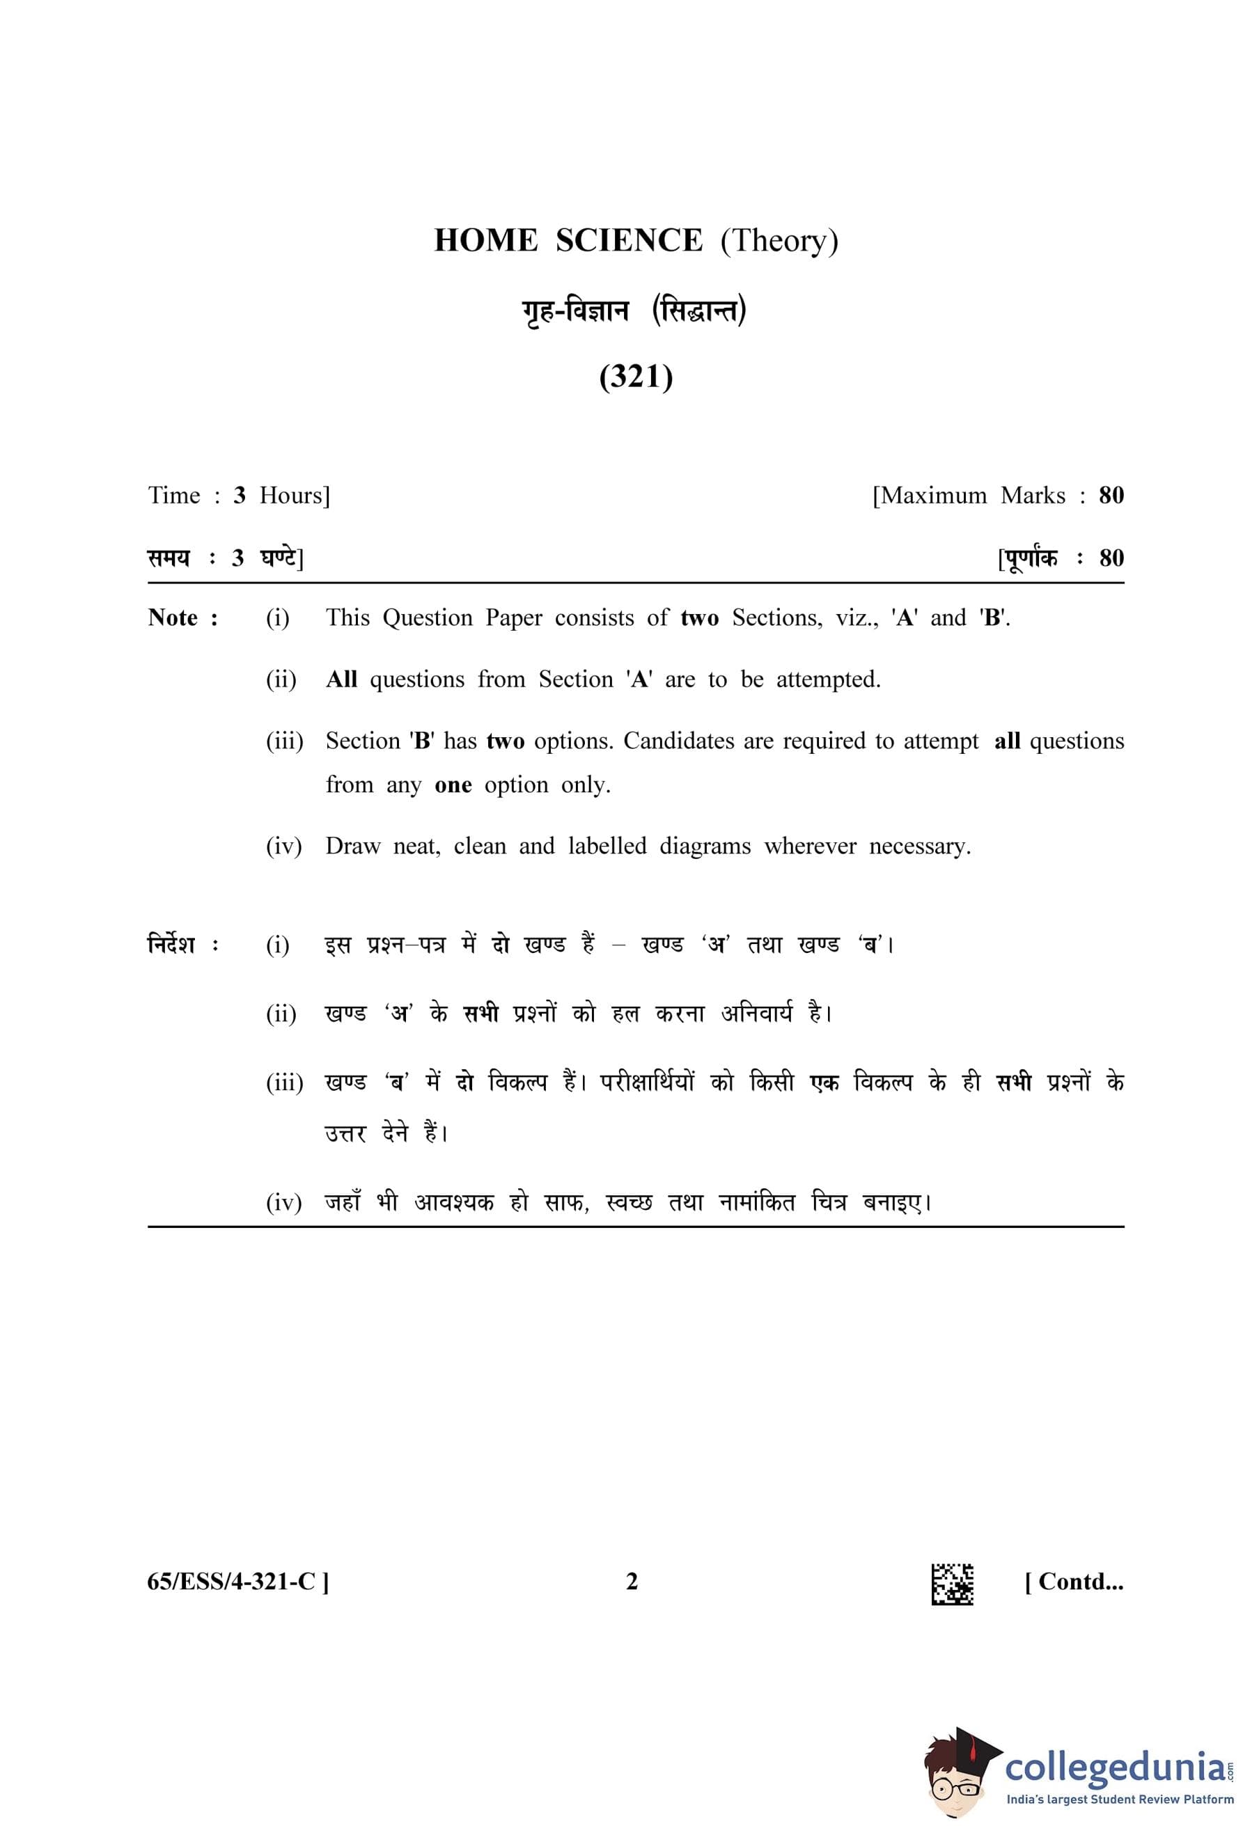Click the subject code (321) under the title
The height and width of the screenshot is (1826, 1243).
click(x=636, y=377)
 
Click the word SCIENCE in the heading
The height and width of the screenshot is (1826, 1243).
click(x=629, y=240)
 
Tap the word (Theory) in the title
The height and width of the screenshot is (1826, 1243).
click(x=779, y=241)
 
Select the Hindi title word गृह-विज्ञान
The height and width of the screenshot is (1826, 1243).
click(x=576, y=312)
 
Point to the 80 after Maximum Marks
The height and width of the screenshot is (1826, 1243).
click(x=1111, y=495)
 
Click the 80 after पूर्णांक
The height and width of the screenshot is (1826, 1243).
click(x=1111, y=558)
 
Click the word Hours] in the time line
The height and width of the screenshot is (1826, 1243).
click(x=295, y=495)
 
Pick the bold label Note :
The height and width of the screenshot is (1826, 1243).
click(x=183, y=617)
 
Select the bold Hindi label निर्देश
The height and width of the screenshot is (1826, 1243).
click(x=172, y=944)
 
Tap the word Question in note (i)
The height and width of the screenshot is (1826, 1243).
click(x=428, y=617)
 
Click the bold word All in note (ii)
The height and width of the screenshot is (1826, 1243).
click(x=341, y=679)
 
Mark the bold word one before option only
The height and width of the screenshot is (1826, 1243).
click(x=453, y=785)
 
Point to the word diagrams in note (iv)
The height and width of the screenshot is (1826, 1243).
click(x=705, y=847)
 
